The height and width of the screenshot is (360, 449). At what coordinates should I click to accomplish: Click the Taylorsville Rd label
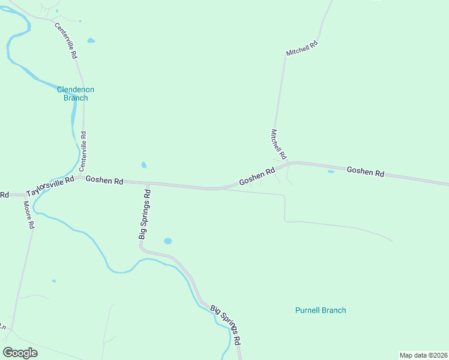[x=50, y=187]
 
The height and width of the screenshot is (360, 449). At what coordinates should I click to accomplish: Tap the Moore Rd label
[x=28, y=215]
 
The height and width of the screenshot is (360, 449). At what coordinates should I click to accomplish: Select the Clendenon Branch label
[x=76, y=94]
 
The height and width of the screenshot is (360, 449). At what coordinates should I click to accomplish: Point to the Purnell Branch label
[x=321, y=310]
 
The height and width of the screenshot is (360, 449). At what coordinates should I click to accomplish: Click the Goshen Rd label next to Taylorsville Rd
[x=104, y=180]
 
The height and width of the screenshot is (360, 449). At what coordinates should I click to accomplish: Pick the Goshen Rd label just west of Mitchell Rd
[x=256, y=176]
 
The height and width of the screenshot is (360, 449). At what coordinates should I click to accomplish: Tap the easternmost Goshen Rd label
[x=365, y=172]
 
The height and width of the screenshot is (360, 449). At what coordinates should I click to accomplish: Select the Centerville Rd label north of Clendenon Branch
[x=66, y=40]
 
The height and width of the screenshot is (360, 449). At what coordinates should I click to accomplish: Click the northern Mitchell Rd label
[x=301, y=49]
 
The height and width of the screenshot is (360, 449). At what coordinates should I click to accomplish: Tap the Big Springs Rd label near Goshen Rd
[x=144, y=214]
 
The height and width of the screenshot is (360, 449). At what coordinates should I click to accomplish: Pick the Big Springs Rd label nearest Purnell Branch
[x=226, y=323]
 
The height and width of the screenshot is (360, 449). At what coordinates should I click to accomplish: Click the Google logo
[x=20, y=353]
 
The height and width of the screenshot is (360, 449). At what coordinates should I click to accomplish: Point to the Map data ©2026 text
[x=423, y=355]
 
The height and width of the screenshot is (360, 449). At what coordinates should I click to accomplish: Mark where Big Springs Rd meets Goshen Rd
[x=147, y=182]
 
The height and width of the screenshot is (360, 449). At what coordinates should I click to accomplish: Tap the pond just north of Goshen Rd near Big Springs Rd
[x=143, y=165]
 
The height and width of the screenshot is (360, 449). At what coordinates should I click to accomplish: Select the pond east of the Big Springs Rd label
[x=167, y=241]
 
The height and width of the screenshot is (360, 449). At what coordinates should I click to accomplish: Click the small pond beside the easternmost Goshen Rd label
[x=331, y=172]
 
